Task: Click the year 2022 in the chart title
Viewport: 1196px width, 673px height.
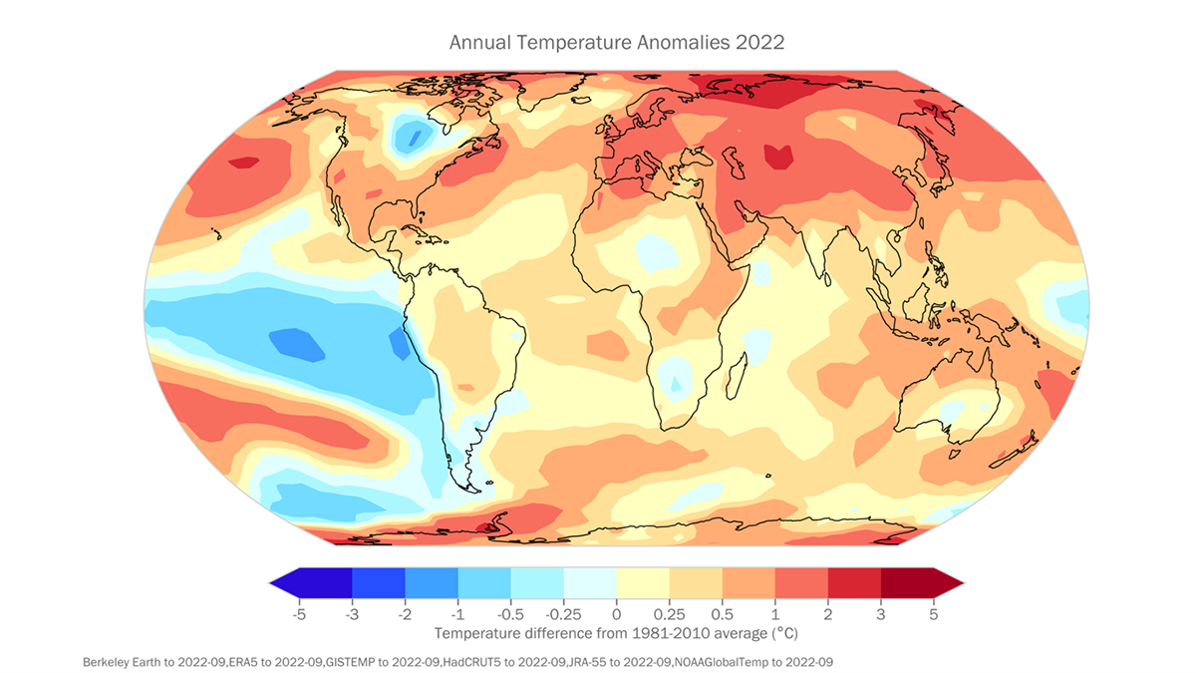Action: (x=761, y=43)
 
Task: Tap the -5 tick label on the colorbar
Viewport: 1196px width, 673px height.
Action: (x=298, y=614)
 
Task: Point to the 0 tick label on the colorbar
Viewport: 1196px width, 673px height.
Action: (x=616, y=614)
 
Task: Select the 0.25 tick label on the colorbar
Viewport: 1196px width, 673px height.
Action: (x=669, y=614)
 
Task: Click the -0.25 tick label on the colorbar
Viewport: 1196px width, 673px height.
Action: (x=563, y=614)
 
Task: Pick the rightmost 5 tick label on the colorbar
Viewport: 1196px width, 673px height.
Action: (x=933, y=614)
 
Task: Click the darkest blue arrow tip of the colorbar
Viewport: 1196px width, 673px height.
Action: (x=284, y=582)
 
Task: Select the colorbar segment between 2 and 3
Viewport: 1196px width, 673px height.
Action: (x=854, y=582)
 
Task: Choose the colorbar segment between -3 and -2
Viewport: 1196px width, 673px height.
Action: (x=379, y=582)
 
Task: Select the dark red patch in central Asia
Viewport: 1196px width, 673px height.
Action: (x=778, y=155)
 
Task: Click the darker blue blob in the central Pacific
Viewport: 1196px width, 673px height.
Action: (x=297, y=345)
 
